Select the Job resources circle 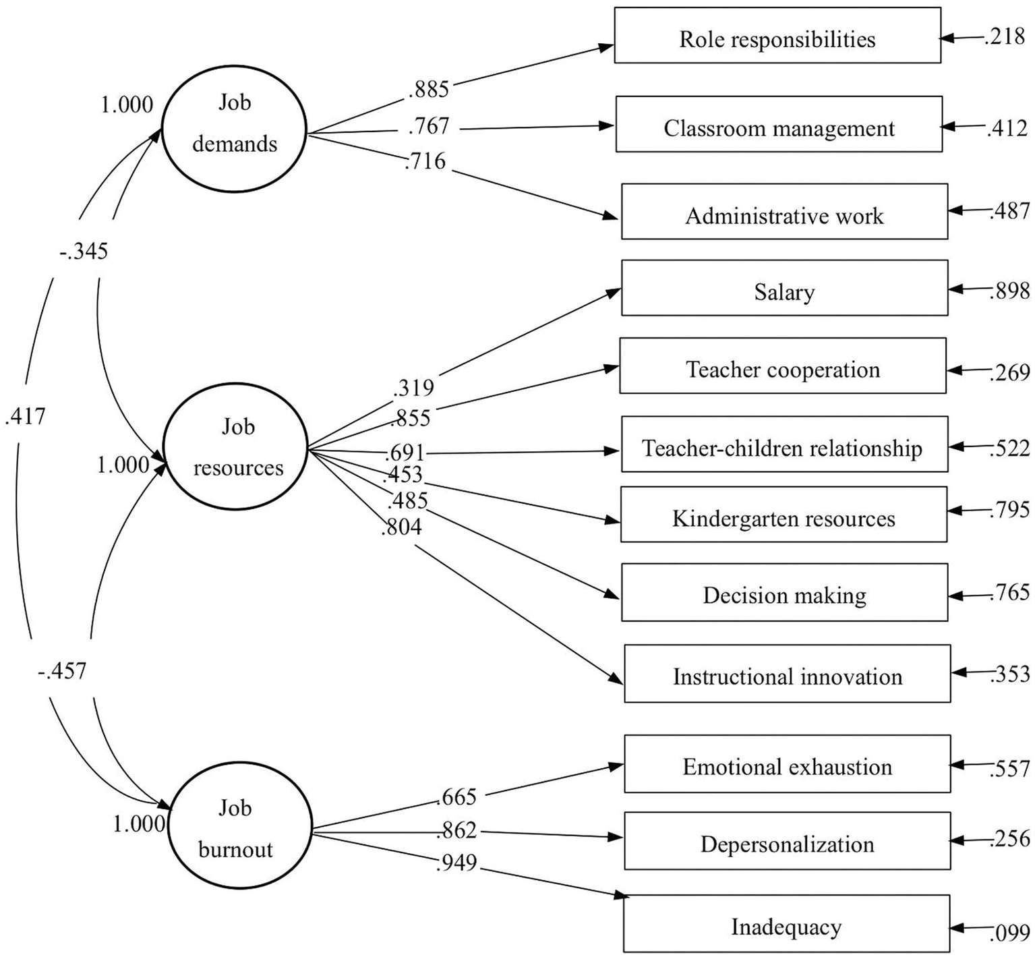[x=236, y=447]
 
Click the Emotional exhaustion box [x=787, y=765]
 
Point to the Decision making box [x=783, y=593]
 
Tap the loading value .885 [x=429, y=89]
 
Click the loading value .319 [x=413, y=387]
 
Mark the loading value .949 [x=456, y=863]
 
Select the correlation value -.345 [x=84, y=252]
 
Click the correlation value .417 [x=25, y=417]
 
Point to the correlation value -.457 [x=62, y=671]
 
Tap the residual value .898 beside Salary [x=1010, y=291]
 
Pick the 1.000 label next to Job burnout [x=139, y=824]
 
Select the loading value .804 [x=401, y=527]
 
